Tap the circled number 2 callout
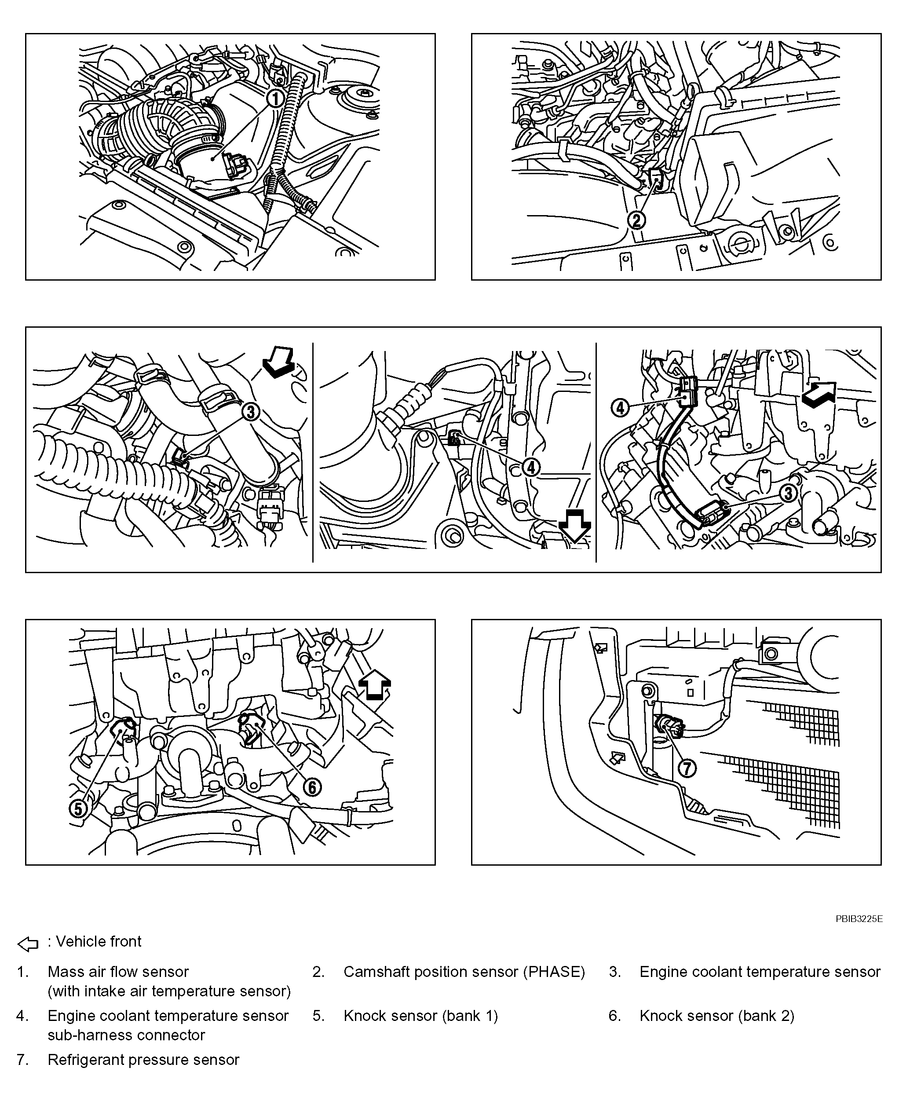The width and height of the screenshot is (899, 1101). [636, 220]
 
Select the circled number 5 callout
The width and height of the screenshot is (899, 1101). [78, 808]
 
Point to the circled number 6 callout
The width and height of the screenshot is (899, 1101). [312, 787]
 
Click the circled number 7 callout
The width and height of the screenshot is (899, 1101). [687, 768]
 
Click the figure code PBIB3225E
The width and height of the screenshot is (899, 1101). [859, 919]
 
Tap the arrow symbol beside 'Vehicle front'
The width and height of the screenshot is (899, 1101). [28, 944]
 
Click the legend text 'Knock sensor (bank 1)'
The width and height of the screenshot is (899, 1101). [420, 1016]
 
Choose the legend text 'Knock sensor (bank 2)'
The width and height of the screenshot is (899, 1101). [717, 1016]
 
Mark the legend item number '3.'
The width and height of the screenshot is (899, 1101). [615, 972]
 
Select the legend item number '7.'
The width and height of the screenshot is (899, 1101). [22, 1060]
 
